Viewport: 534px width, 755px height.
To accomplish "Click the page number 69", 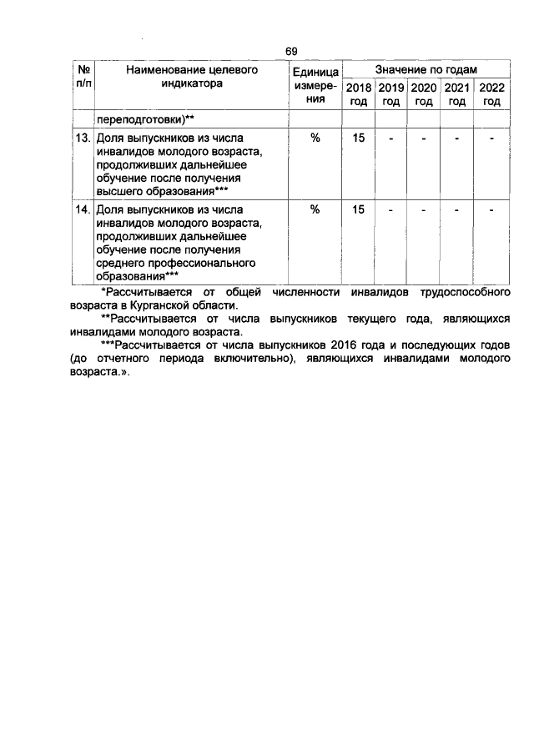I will coord(291,52).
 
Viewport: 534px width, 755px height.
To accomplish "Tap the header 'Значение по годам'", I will coord(426,71).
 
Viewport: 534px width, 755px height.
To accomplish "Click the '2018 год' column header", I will coord(358,94).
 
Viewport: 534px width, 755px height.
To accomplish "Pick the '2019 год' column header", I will coord(390,94).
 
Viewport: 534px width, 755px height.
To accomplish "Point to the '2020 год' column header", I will coord(424,94).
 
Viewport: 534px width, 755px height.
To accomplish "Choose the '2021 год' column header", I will coord(456,94).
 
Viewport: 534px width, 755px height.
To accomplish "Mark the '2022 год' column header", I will coord(491,94).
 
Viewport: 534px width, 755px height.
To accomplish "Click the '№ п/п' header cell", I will coord(83,78).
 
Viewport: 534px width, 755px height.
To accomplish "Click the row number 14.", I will coord(83,210).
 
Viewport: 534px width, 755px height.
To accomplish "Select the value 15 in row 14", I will coord(358,210).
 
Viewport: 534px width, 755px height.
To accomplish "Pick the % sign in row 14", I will coord(315,210).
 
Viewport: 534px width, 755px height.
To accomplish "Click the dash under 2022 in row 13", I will coord(491,138).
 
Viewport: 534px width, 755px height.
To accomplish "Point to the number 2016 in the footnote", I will coord(345,344).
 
